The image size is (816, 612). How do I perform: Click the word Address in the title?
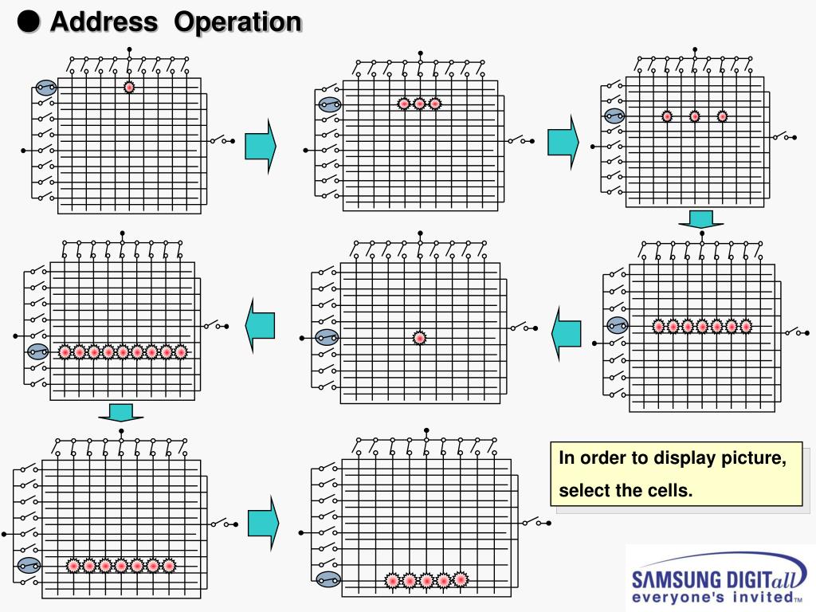tap(104, 22)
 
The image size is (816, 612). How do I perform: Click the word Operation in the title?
tap(237, 23)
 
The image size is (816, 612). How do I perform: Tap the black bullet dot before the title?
tap(29, 22)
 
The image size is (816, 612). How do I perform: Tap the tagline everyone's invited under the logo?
tap(713, 597)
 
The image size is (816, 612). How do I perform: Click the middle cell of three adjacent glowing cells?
tap(419, 104)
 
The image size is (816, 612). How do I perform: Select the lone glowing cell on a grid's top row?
tap(129, 88)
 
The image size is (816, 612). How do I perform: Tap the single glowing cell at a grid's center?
tap(419, 338)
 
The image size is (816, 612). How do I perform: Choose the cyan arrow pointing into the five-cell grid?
tap(263, 522)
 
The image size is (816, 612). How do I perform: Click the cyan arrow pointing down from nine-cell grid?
tap(121, 412)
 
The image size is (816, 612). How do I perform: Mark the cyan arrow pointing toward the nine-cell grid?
tap(260, 326)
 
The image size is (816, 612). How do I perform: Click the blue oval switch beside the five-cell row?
tap(328, 579)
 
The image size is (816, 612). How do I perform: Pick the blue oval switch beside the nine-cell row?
tap(38, 351)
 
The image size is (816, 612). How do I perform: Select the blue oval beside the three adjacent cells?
tap(330, 104)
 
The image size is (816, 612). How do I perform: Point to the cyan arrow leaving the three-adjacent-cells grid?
tap(563, 142)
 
